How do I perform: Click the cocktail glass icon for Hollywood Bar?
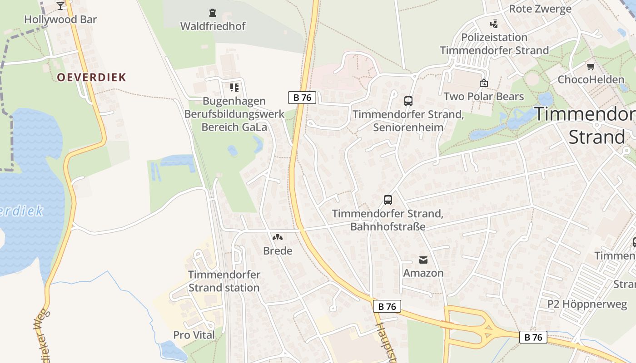(60, 5)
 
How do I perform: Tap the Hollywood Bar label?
(60, 20)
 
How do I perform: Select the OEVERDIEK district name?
(91, 77)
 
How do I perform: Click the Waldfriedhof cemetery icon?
(212, 13)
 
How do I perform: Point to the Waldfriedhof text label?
(213, 26)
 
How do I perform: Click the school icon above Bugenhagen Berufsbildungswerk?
(234, 87)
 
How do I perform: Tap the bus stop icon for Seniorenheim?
(408, 101)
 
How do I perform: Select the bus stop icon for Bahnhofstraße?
(388, 200)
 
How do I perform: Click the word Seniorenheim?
(408, 128)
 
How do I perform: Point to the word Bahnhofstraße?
(388, 226)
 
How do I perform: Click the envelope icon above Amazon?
(423, 260)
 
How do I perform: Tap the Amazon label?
(423, 273)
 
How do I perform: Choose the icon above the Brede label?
(278, 237)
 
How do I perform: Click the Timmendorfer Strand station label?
(224, 281)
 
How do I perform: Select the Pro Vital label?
(194, 335)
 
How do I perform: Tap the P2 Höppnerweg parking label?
(587, 304)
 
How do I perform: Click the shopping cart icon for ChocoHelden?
(591, 66)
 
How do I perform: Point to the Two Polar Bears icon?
(483, 83)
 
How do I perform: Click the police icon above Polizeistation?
(494, 24)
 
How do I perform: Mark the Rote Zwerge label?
(540, 9)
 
